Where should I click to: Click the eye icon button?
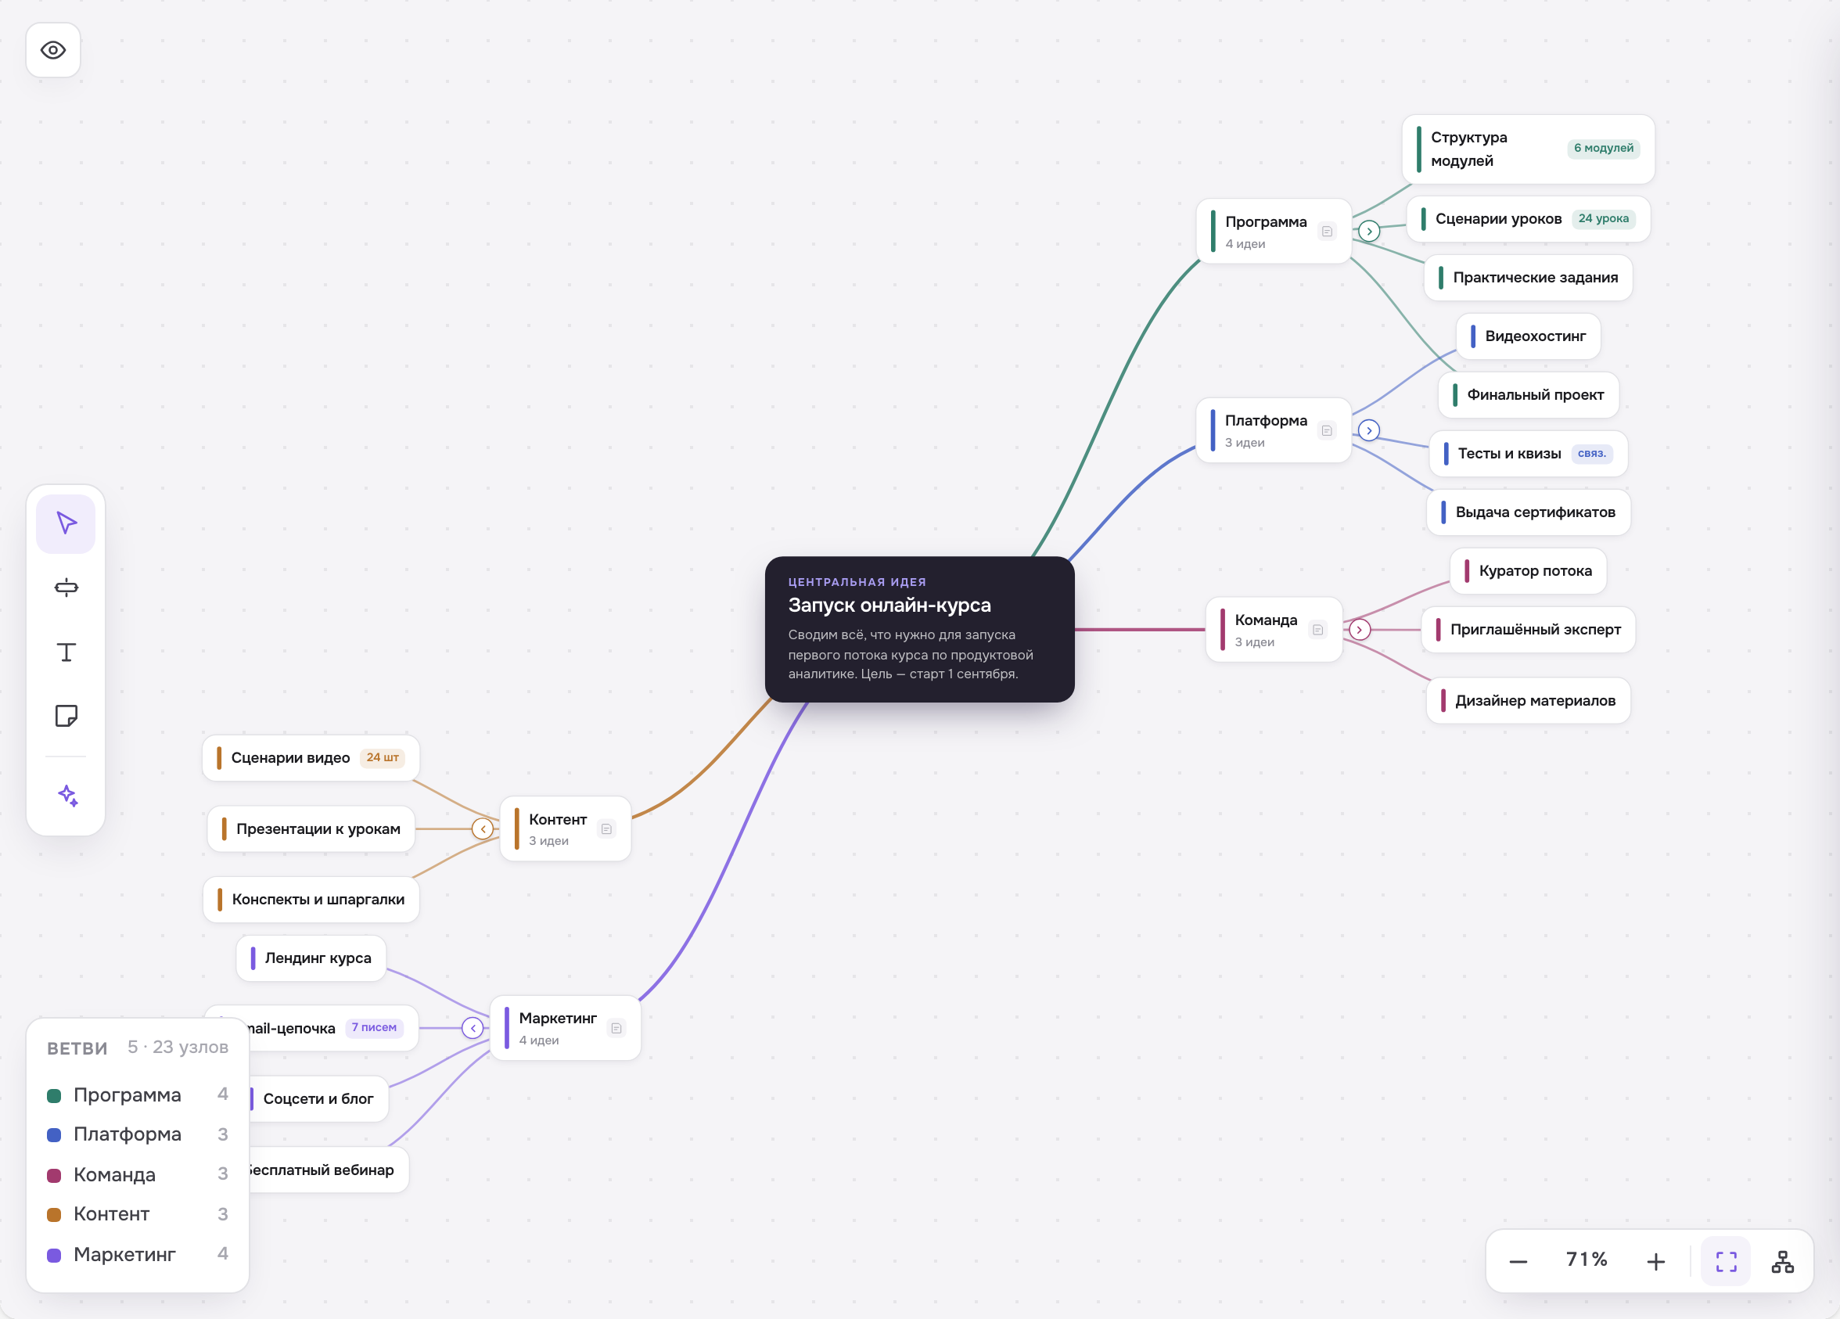coord(53,50)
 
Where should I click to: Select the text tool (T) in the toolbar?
coord(66,652)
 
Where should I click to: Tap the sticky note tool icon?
coord(66,716)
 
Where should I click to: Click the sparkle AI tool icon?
coord(67,796)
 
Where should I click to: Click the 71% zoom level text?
coord(1586,1260)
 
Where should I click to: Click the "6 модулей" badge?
coord(1603,149)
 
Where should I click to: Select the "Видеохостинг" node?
coord(1529,336)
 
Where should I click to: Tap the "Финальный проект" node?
coord(1529,395)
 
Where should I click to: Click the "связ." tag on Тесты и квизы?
coord(1592,454)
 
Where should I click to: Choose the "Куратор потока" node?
coord(1529,571)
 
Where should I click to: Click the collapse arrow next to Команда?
coord(1360,630)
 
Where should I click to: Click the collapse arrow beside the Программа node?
coord(1370,232)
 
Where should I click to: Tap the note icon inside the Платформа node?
coord(1328,431)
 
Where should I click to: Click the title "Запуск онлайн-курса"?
coord(889,606)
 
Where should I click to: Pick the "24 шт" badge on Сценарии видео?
coord(382,757)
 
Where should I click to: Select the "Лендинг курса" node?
coord(311,958)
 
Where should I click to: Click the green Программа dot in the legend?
coord(54,1096)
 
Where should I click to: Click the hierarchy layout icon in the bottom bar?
coord(1782,1261)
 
